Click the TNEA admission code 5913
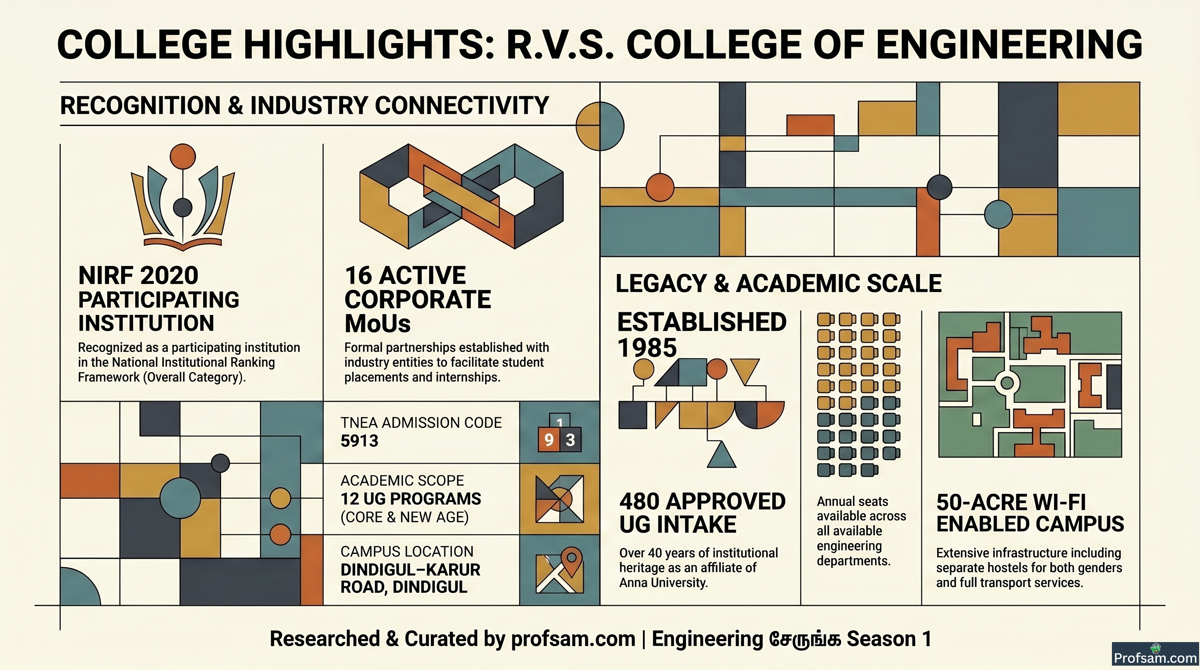[359, 441]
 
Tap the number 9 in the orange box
[549, 439]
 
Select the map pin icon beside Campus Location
[572, 561]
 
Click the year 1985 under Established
[647, 348]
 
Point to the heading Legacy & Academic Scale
[778, 283]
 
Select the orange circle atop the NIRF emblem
[183, 156]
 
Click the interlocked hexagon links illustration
[462, 196]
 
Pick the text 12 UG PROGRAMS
[410, 499]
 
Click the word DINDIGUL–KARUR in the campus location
[410, 569]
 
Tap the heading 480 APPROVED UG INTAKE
[702, 513]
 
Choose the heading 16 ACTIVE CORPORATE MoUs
[417, 299]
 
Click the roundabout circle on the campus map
[1007, 383]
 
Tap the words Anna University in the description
[663, 583]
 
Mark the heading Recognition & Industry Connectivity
[305, 105]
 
